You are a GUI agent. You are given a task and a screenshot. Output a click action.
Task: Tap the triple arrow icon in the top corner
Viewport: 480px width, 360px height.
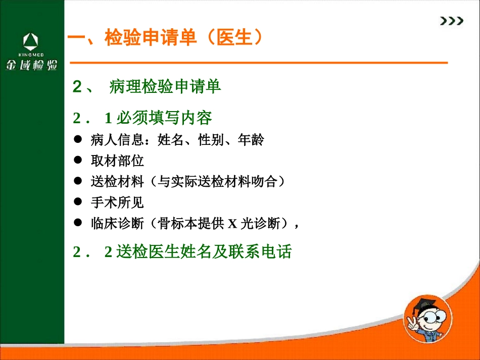click(451, 21)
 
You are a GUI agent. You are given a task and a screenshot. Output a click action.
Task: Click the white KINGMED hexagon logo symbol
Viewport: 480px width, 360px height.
click(32, 41)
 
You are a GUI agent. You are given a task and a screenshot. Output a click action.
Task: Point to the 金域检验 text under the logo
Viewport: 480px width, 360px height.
click(32, 65)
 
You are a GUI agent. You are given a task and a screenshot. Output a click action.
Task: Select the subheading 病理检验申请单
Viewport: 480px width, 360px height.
click(165, 87)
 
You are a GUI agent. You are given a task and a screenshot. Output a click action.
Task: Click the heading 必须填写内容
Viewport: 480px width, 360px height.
click(164, 118)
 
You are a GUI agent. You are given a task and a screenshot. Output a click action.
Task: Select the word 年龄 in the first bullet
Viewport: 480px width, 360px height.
click(251, 140)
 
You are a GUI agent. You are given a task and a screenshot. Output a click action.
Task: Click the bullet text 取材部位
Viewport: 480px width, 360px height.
click(117, 161)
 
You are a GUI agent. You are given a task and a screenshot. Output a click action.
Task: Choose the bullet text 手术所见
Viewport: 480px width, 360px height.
click(117, 202)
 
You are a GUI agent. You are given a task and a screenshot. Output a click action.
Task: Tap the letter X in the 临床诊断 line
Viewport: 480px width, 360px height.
click(232, 223)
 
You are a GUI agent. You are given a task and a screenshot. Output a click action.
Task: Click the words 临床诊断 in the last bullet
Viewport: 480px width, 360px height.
click(117, 223)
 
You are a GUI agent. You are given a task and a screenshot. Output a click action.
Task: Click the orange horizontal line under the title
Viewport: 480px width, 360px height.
click(258, 63)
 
